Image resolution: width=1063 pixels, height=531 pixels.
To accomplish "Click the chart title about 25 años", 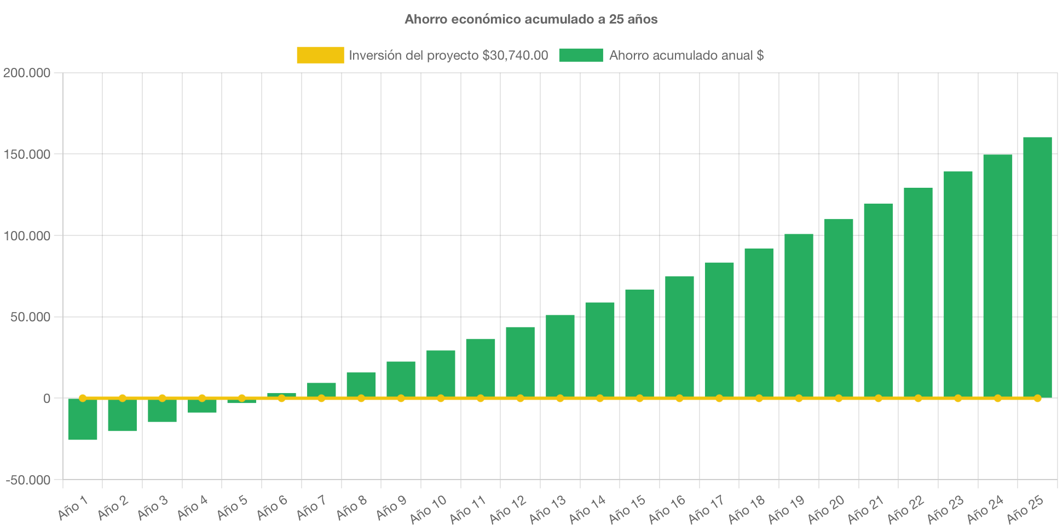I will [x=531, y=19].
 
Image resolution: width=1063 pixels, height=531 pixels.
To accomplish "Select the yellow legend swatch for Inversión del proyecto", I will [x=320, y=55].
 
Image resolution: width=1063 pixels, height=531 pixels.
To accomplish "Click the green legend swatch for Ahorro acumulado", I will [x=581, y=55].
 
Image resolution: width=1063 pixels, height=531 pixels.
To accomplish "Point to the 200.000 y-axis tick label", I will [x=27, y=73].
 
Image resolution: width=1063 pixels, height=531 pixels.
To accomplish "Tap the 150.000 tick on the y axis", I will [x=27, y=154].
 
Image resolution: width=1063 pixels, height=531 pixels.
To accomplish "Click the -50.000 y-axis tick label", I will [x=28, y=480].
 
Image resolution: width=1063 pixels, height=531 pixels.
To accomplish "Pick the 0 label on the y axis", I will [x=47, y=399].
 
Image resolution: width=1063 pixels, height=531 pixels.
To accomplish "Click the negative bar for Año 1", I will [x=83, y=419].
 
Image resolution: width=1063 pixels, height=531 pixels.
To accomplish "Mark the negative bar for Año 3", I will [x=162, y=411].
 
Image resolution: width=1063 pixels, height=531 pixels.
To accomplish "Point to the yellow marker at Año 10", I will [x=441, y=398].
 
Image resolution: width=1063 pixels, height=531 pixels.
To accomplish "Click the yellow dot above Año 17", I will [x=719, y=398].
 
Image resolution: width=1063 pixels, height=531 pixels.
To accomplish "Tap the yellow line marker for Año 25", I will [x=1037, y=398].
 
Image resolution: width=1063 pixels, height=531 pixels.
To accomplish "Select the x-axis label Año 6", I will [x=272, y=507].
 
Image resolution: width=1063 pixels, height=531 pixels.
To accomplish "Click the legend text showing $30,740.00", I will [x=448, y=55].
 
